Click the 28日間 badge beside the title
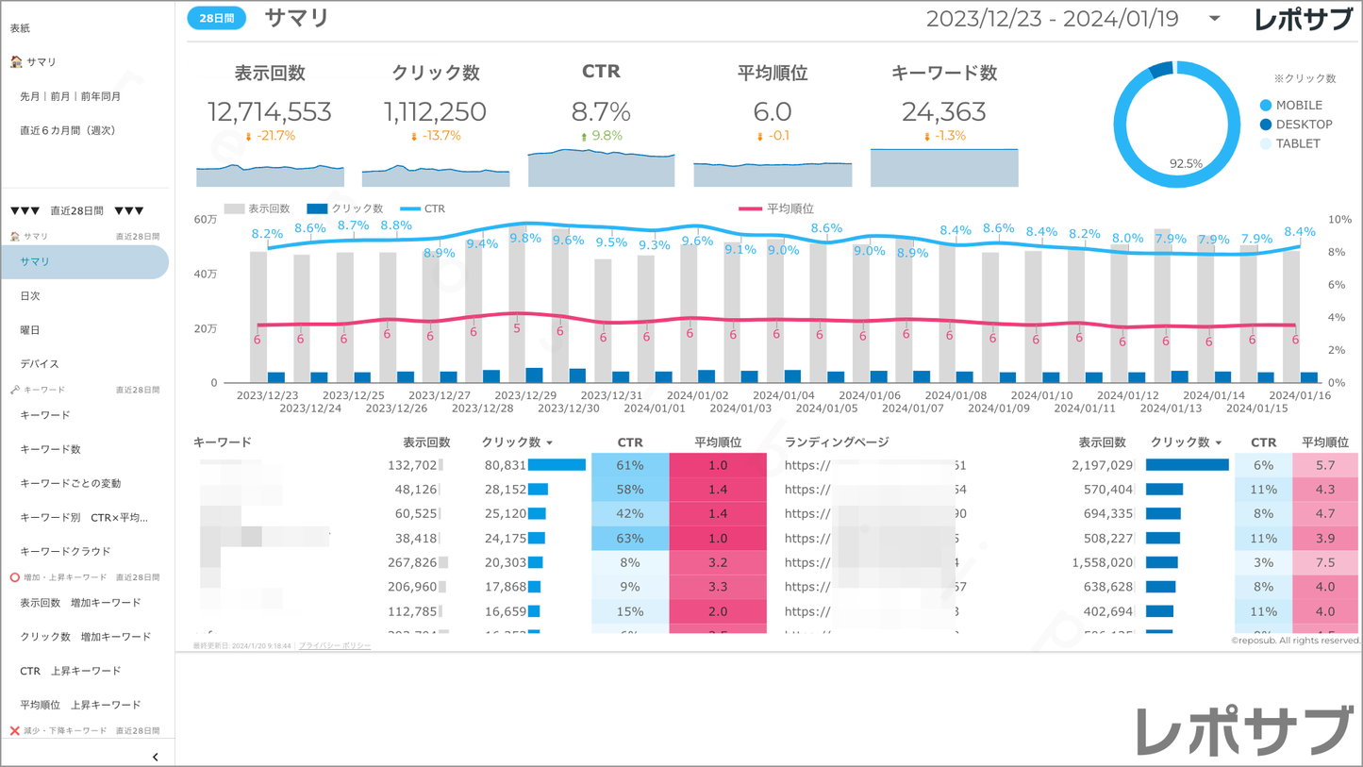(x=216, y=18)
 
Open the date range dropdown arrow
(x=1215, y=19)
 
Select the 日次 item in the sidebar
(x=30, y=296)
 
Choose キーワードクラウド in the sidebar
(x=65, y=551)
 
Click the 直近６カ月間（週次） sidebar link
(x=67, y=130)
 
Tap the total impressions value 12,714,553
(x=270, y=112)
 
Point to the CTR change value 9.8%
(x=607, y=136)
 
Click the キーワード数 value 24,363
(x=943, y=112)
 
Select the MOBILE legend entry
(x=1298, y=106)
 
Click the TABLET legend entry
(x=1297, y=144)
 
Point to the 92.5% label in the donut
(x=1186, y=163)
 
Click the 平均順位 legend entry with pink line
(x=789, y=208)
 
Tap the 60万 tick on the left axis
(x=206, y=220)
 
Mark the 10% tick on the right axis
(x=1339, y=220)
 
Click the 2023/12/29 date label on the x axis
(x=525, y=395)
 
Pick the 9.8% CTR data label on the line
(x=524, y=238)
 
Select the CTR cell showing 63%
(x=629, y=539)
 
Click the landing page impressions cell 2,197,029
(x=1102, y=465)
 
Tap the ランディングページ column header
(x=836, y=442)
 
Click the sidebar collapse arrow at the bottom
(x=156, y=757)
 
